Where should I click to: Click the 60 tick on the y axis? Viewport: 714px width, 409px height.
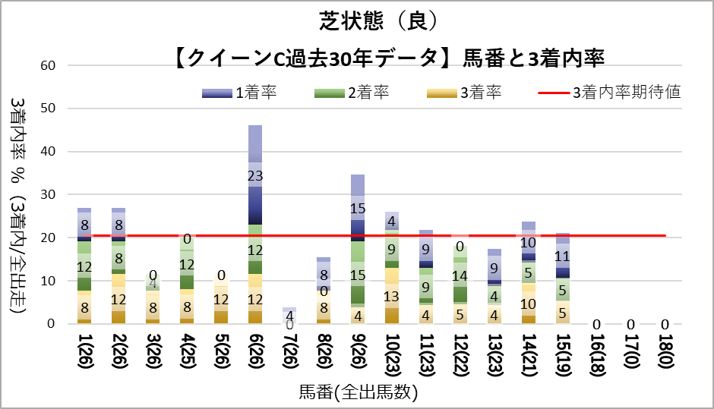[47, 65]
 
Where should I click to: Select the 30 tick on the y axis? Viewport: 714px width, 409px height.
[47, 195]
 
